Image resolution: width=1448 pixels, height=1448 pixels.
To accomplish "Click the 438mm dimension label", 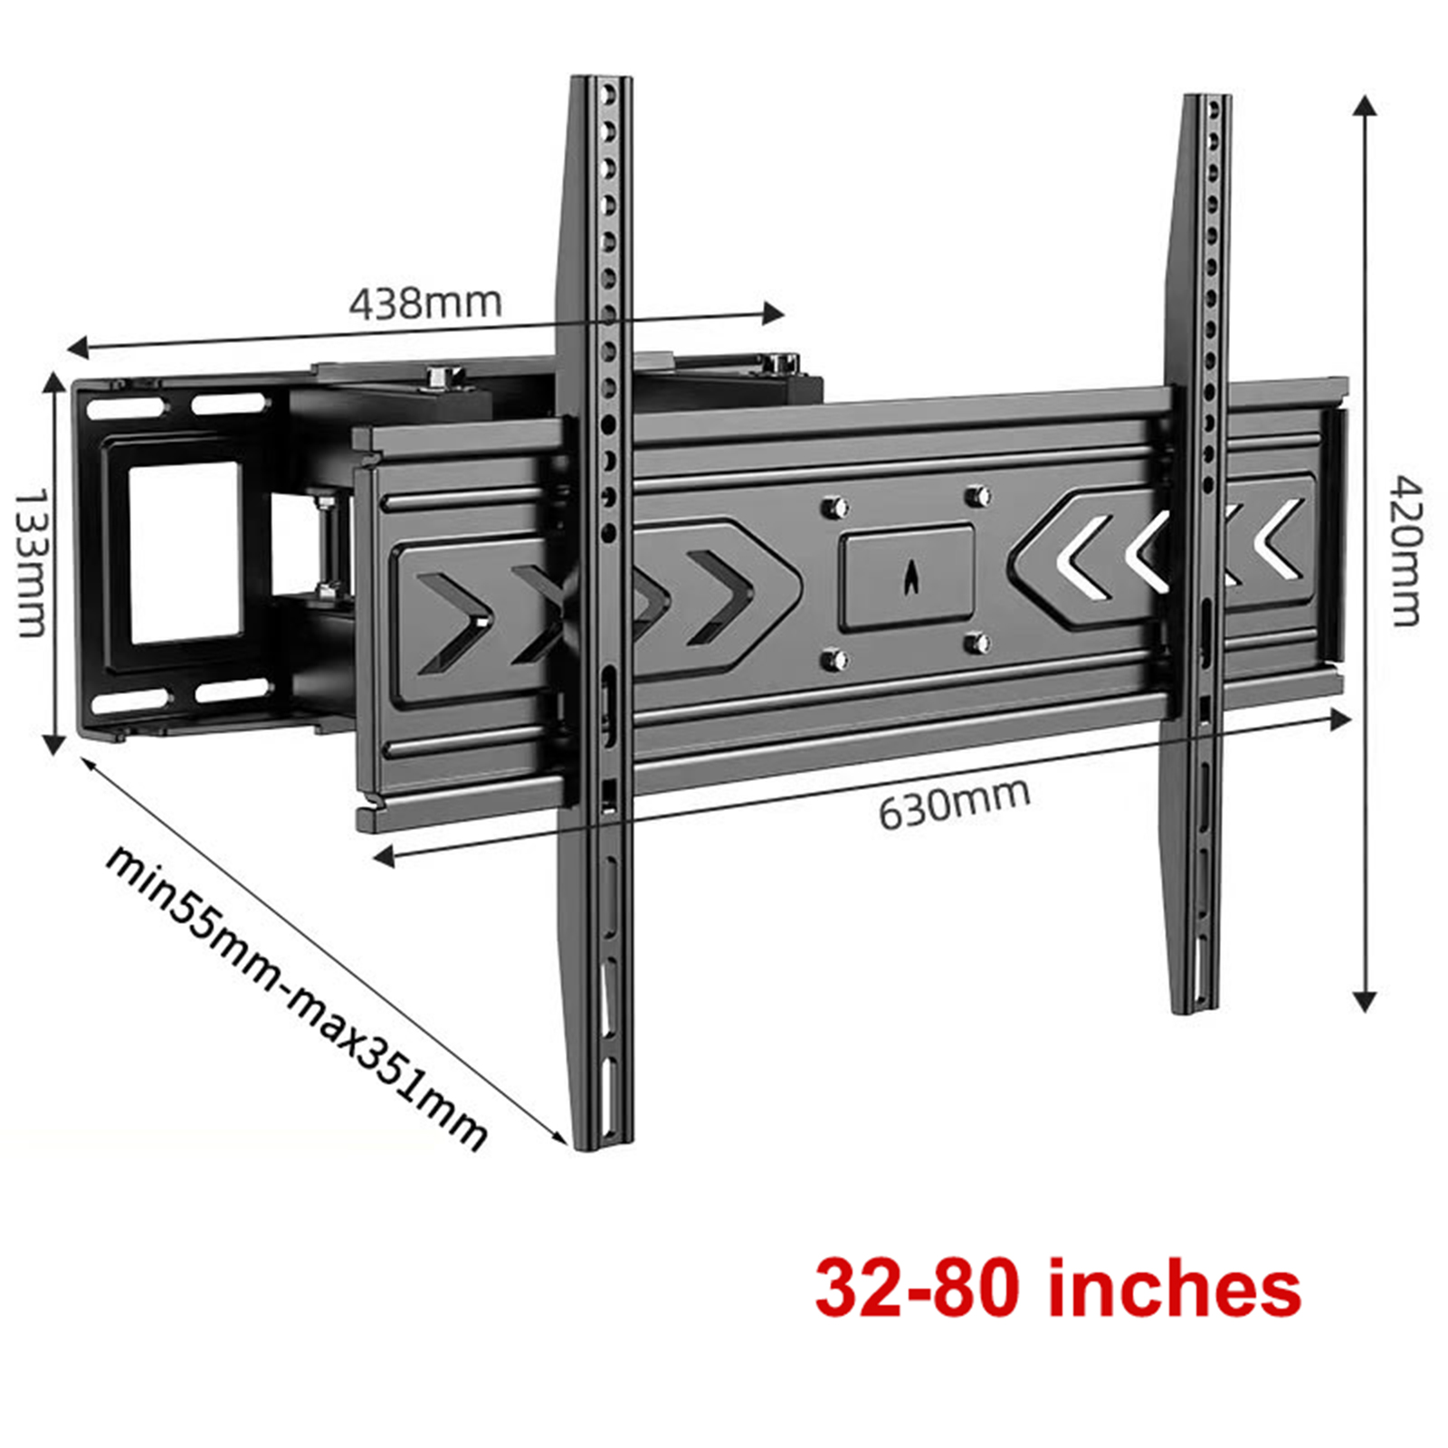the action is [x=425, y=303].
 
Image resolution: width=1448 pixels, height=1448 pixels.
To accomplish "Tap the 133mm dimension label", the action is [x=33, y=562].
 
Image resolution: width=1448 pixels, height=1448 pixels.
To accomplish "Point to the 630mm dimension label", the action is [x=955, y=802].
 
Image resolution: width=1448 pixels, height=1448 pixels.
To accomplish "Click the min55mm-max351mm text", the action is [x=297, y=997].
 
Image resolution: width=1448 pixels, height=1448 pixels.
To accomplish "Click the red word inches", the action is [x=1174, y=1289].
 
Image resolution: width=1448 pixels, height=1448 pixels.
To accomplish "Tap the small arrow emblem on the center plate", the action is [x=910, y=577].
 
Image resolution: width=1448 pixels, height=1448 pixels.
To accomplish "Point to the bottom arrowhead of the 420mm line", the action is [x=1365, y=1001].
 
